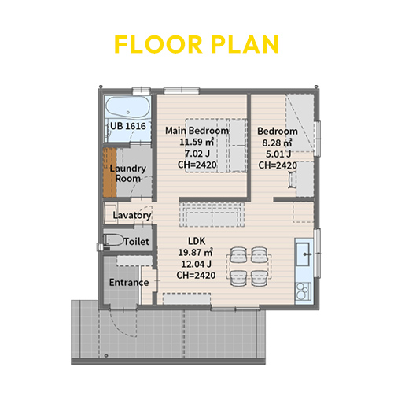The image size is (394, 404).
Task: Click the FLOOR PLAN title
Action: click(x=197, y=44)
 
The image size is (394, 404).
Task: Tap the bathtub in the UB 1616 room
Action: click(x=127, y=108)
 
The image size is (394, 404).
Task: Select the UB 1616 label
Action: click(x=128, y=126)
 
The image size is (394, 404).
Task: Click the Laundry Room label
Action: click(x=128, y=173)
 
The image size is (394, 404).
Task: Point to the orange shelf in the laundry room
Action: click(x=109, y=172)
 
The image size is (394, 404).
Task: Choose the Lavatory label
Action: click(x=132, y=215)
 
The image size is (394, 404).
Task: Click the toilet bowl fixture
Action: click(x=114, y=240)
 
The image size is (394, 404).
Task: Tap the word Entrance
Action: click(x=129, y=283)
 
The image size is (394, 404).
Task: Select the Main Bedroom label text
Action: click(x=197, y=131)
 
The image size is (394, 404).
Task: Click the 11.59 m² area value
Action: click(x=197, y=142)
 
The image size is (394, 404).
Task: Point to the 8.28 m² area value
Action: click(x=277, y=143)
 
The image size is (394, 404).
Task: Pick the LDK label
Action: click(x=197, y=241)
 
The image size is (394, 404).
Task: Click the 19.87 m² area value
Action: click(x=196, y=253)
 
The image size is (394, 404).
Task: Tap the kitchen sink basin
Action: click(x=303, y=254)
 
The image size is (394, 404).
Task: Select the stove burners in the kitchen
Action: click(x=303, y=291)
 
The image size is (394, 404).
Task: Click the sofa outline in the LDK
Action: click(x=212, y=215)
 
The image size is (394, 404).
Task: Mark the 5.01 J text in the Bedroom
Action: click(x=278, y=154)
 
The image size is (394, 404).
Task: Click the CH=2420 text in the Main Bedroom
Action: click(x=197, y=165)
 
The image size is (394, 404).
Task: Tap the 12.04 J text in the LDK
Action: click(x=197, y=264)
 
